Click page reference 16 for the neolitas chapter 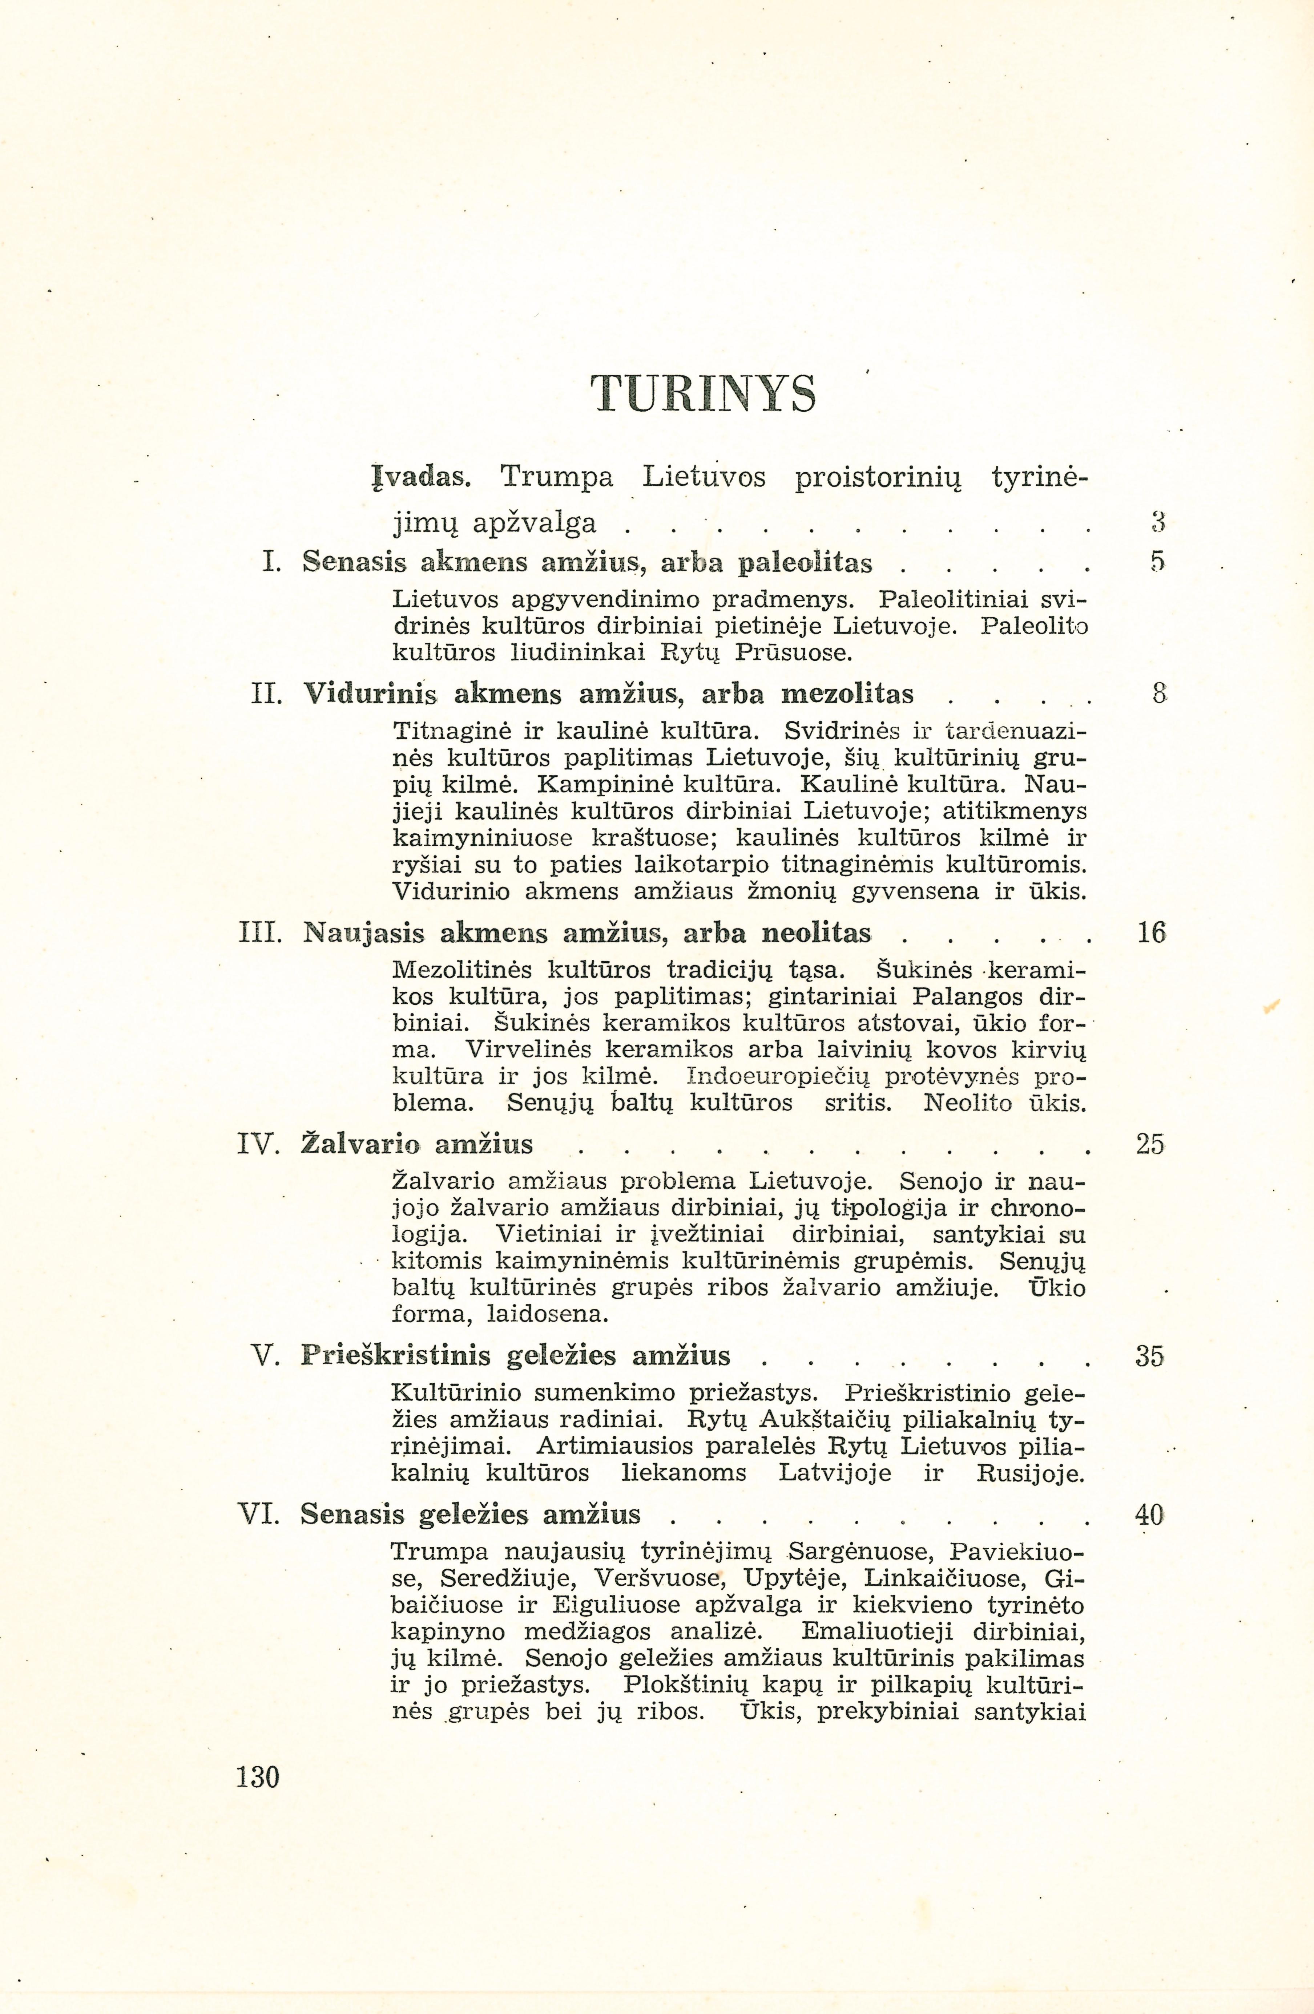click(x=1150, y=933)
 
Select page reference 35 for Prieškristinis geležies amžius click(x=1150, y=1356)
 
